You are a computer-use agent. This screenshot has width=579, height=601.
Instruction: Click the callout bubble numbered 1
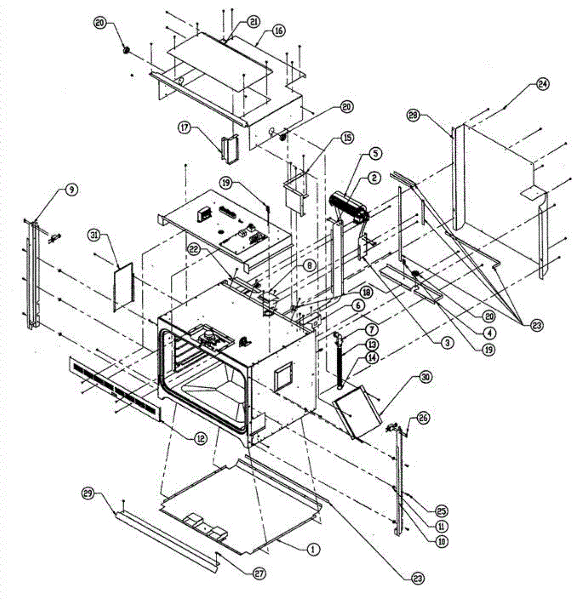[313, 549]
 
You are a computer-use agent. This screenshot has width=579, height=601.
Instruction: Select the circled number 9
[71, 189]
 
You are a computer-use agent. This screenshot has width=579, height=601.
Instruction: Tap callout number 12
[200, 437]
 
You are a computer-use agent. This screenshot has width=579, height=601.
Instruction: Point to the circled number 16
[278, 31]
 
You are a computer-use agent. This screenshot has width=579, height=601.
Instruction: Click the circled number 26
[423, 417]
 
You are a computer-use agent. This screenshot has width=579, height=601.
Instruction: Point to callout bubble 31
[93, 234]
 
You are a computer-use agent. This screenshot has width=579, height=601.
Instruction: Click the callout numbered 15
[347, 137]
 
